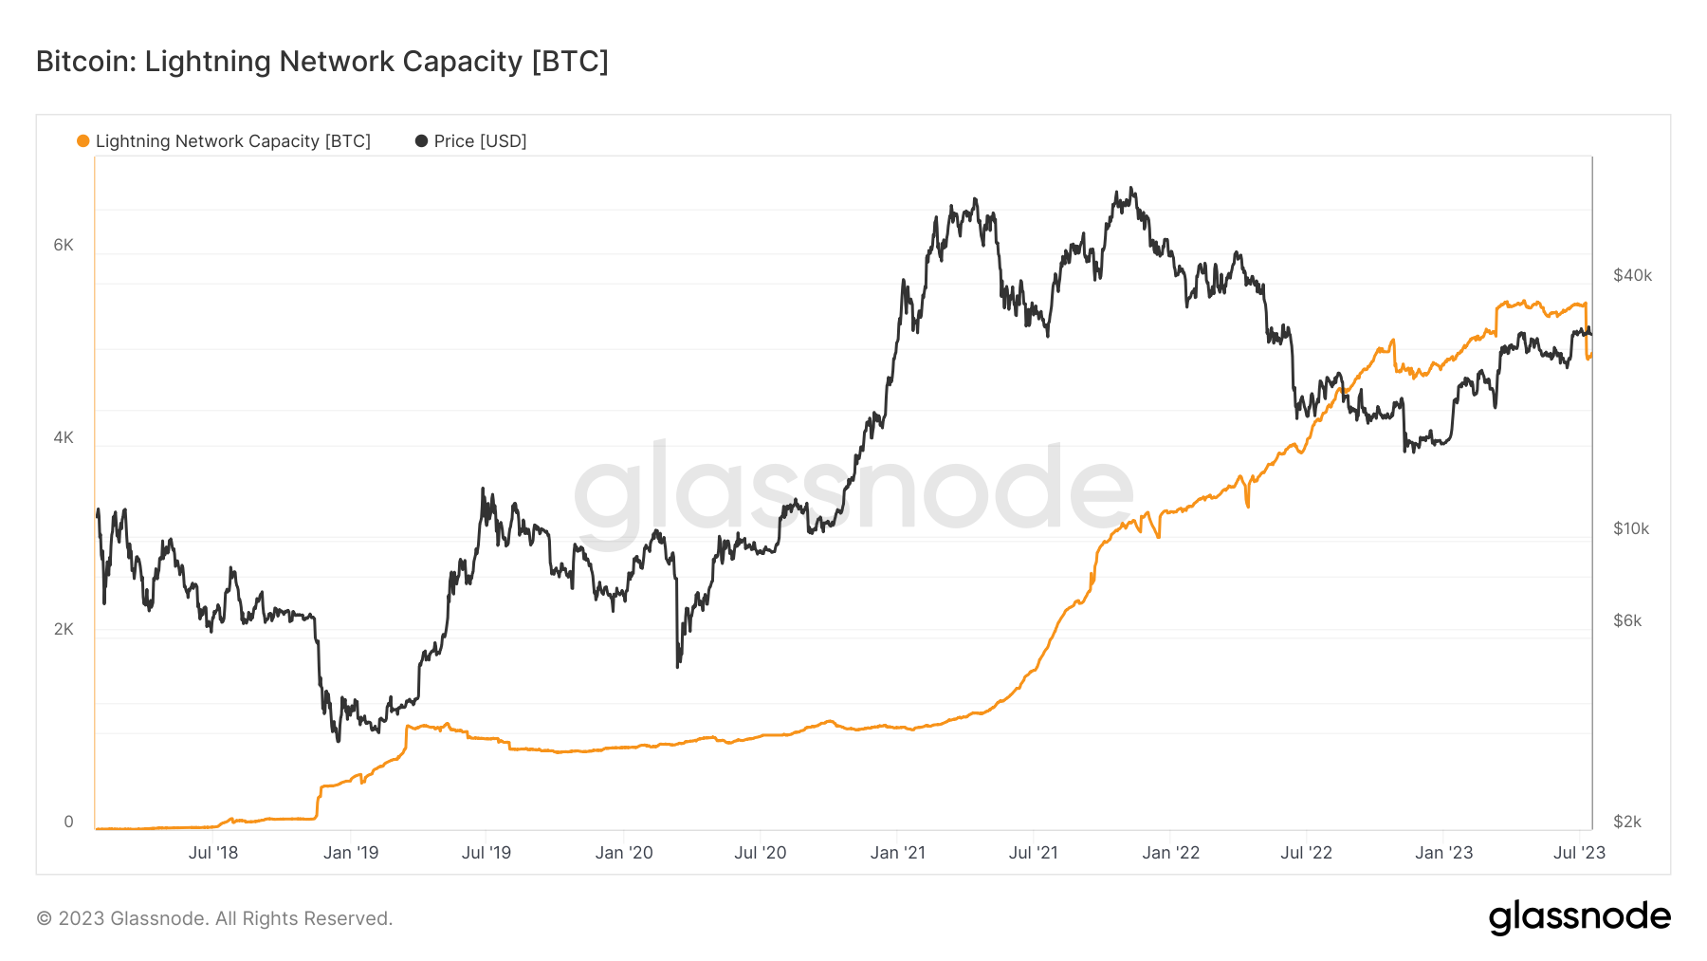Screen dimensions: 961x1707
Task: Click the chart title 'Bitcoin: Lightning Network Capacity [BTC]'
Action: (x=321, y=62)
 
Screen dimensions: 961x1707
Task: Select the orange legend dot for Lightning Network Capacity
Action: (x=83, y=141)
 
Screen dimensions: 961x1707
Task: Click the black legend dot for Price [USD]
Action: (x=421, y=141)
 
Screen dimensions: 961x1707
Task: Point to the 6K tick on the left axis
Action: (x=64, y=245)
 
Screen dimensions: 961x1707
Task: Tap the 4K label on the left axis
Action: (x=64, y=437)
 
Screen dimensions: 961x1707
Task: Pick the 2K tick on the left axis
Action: (x=64, y=629)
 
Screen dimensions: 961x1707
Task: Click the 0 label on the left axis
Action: (x=68, y=822)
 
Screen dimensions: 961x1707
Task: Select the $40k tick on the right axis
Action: (x=1632, y=275)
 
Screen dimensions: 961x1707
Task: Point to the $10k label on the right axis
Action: (x=1631, y=528)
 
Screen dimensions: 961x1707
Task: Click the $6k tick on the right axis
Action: (x=1627, y=620)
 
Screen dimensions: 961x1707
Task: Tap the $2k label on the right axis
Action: (x=1627, y=822)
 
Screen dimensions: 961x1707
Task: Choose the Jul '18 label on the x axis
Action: (x=213, y=853)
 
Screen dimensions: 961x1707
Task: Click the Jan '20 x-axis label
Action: (x=624, y=853)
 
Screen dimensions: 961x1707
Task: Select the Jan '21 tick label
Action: (x=898, y=853)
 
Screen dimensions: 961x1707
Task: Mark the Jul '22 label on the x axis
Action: (x=1306, y=853)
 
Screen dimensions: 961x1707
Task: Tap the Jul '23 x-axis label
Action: (x=1579, y=853)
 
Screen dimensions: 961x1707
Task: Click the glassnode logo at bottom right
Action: (x=1579, y=917)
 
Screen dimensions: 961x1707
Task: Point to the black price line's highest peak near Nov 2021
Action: (x=1131, y=189)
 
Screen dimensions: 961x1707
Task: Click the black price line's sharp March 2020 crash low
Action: (x=677, y=666)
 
